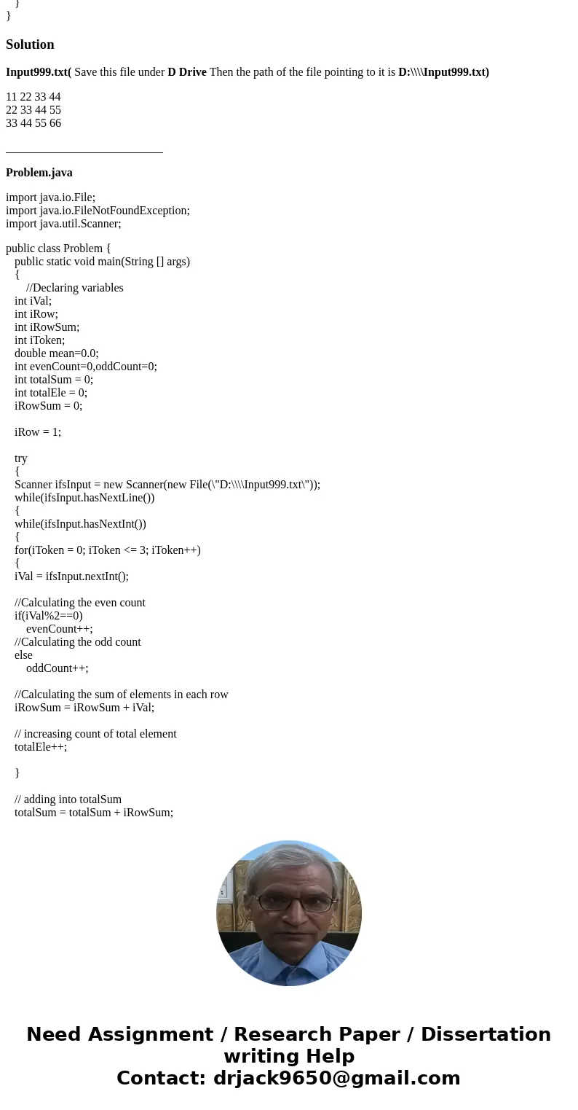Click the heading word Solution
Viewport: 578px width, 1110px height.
30,44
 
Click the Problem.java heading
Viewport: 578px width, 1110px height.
39,173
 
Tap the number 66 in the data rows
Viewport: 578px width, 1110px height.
55,123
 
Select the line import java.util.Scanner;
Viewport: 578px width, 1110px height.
63,224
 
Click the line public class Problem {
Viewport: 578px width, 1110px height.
58,249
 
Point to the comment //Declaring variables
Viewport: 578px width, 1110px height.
74,288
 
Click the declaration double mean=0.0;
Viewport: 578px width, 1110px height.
56,353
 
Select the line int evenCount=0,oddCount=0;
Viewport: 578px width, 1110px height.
85,367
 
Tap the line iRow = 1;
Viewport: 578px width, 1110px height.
38,432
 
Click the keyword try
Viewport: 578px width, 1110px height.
20,458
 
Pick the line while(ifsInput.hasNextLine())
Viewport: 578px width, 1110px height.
84,498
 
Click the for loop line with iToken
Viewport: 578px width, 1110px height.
107,550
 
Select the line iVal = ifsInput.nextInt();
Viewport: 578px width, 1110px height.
71,577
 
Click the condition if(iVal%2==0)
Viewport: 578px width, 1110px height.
49,616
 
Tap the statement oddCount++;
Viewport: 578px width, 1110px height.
57,668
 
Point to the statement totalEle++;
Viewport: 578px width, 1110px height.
41,747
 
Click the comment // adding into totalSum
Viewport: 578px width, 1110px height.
68,800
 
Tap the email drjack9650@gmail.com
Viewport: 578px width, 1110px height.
336,1078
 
